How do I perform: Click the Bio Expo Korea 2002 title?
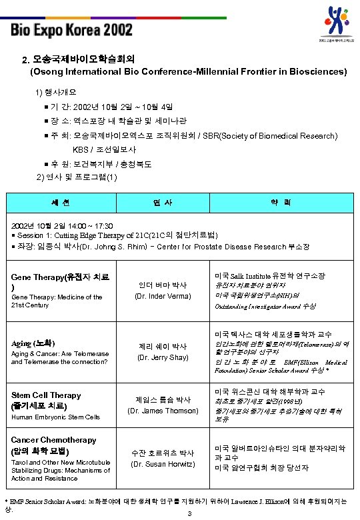click(71, 31)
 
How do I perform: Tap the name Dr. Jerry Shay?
click(162, 357)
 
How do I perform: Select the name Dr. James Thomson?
click(162, 410)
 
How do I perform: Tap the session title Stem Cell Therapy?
click(46, 395)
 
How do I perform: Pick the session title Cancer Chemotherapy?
click(53, 440)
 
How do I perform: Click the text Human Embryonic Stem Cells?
click(56, 417)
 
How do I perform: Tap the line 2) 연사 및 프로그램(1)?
click(77, 177)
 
